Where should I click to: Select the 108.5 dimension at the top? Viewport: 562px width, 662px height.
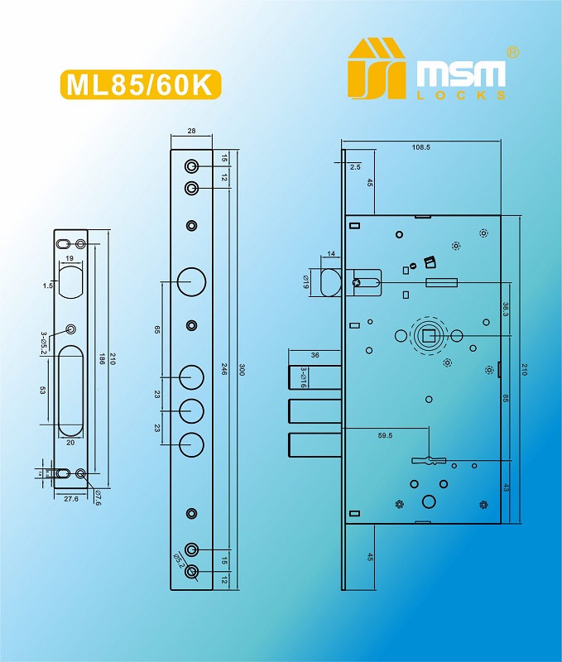(x=421, y=146)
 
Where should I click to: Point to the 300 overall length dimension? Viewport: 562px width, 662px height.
(x=242, y=371)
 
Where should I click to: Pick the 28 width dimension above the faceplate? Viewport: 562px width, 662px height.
(x=192, y=132)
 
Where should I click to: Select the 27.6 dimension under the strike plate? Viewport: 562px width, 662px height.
(x=70, y=499)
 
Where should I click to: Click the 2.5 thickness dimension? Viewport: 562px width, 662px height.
(x=355, y=167)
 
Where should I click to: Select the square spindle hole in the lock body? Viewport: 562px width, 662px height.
(x=429, y=335)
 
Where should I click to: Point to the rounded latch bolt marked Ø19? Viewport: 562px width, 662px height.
(x=329, y=281)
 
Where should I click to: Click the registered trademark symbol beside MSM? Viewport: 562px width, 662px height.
(x=513, y=52)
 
